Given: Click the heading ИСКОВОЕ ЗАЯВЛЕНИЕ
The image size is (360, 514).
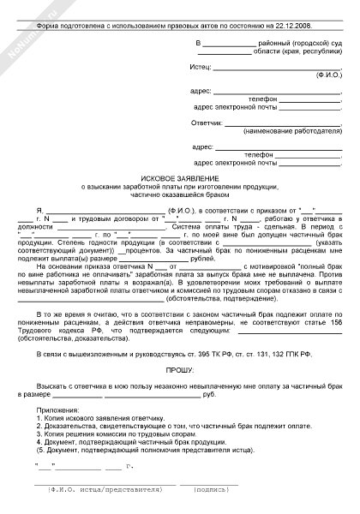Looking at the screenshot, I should (181, 175).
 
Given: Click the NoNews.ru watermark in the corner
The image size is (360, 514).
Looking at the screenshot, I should (21, 26).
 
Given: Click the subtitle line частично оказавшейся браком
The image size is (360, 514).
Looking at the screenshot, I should (181, 193).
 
